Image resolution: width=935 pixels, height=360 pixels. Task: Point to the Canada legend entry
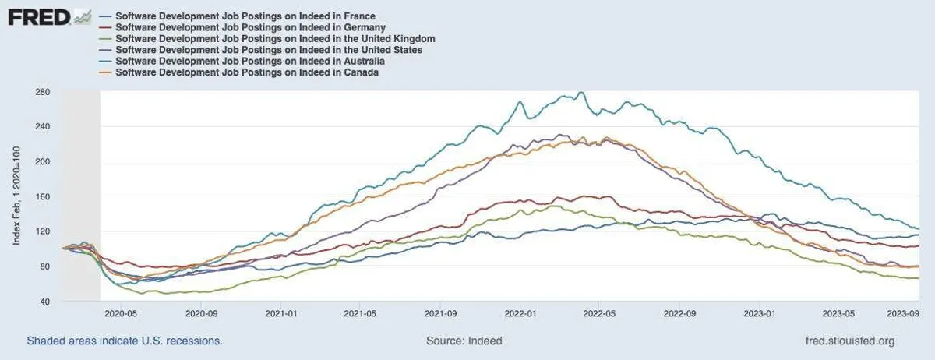pyautogui.click(x=246, y=72)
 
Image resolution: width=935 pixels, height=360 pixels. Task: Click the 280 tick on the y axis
pyautogui.click(x=43, y=92)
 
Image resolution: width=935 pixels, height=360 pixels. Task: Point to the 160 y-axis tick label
pyautogui.click(x=43, y=196)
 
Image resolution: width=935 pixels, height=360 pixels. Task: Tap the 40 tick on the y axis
pyautogui.click(x=45, y=302)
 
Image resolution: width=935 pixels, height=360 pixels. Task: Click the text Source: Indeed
pyautogui.click(x=464, y=341)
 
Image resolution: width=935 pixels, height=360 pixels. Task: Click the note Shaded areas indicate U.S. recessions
pyautogui.click(x=125, y=341)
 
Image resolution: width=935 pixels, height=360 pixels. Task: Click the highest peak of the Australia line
pyautogui.click(x=580, y=93)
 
